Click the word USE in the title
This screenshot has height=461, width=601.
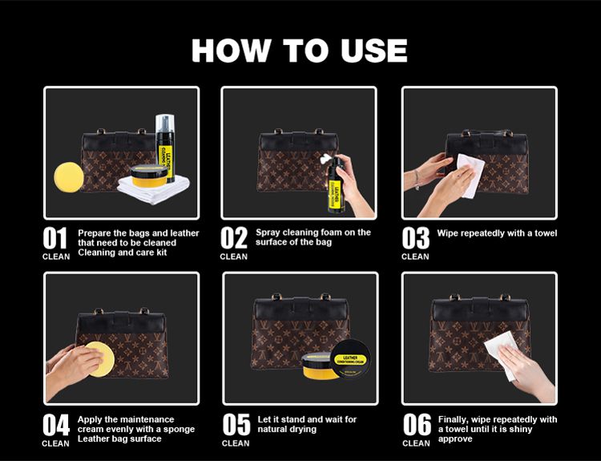point(373,51)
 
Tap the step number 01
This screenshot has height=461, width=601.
point(54,238)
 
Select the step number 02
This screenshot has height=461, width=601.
point(234,238)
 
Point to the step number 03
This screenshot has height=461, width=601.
point(415,238)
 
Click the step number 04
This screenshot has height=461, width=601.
point(56,425)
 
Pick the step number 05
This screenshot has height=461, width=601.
point(236,425)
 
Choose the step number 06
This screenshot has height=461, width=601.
point(417,425)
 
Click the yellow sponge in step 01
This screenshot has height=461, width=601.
point(69,177)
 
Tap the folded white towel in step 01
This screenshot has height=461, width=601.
point(153,190)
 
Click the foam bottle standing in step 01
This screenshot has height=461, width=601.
point(165,148)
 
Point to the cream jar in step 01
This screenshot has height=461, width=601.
point(149,176)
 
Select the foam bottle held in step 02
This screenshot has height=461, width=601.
point(336,185)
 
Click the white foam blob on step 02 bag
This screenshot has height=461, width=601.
point(326,158)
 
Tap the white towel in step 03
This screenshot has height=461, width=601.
point(470,175)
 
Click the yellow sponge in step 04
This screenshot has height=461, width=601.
point(100,359)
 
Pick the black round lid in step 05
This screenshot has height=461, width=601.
point(351,359)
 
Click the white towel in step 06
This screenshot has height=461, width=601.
point(502,355)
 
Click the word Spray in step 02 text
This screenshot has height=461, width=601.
point(268,233)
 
